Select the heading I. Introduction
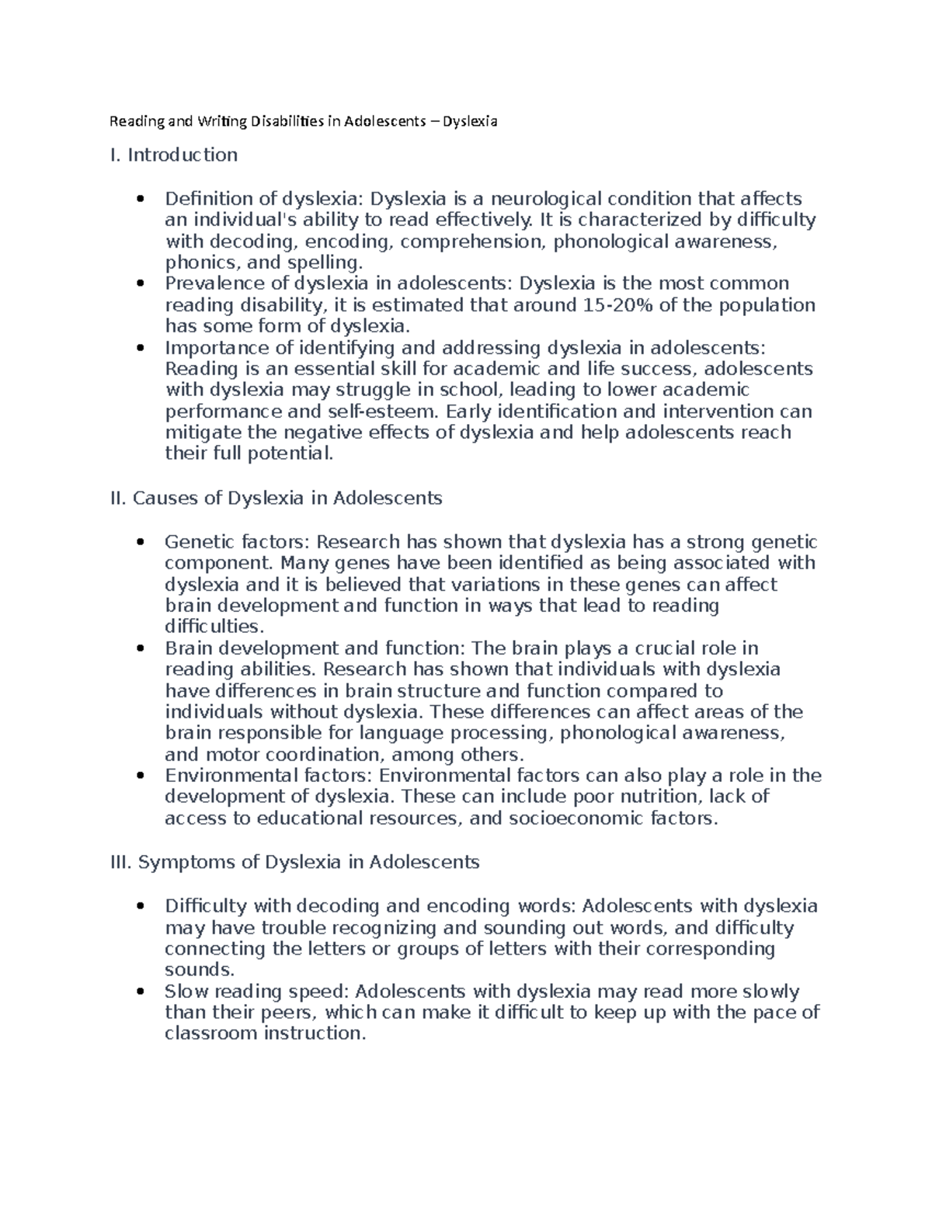click(x=174, y=155)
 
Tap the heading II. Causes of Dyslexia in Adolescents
click(x=276, y=498)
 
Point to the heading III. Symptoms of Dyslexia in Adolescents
click(x=295, y=862)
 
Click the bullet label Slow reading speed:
click(x=258, y=992)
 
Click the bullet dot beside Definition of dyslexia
click(x=141, y=200)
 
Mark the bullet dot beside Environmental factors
click(x=141, y=776)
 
